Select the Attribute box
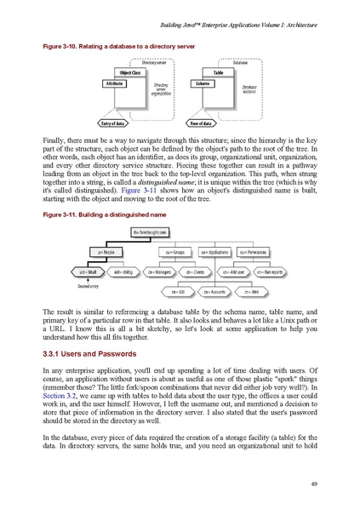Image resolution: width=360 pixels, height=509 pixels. click(x=115, y=84)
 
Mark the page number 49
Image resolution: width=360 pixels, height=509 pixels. click(x=314, y=485)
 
